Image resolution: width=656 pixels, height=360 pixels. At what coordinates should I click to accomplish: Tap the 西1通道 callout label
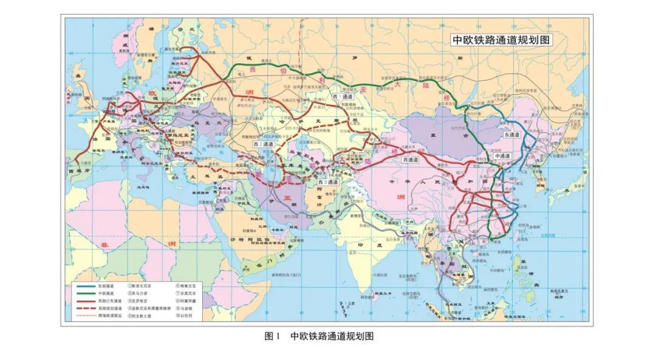click(x=343, y=97)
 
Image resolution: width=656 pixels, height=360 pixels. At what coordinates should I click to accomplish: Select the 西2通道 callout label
click(x=263, y=144)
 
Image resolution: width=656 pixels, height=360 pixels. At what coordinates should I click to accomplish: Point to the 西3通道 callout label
click(x=329, y=182)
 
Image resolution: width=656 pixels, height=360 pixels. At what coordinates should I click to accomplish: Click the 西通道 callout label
click(x=412, y=159)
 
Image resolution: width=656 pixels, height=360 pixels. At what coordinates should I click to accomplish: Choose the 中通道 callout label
click(x=502, y=156)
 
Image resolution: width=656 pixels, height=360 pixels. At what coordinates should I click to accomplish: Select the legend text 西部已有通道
click(x=108, y=300)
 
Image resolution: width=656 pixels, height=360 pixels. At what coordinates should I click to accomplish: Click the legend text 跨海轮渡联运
click(x=108, y=316)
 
